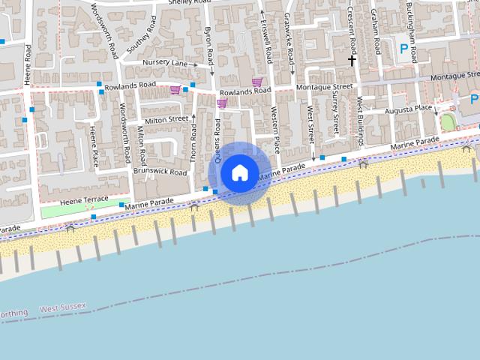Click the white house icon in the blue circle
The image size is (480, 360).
pyautogui.click(x=239, y=172)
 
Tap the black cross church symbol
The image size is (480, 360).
pyautogui.click(x=351, y=59)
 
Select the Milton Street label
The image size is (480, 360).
pyautogui.click(x=166, y=119)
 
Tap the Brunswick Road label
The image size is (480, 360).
pyautogui.click(x=160, y=172)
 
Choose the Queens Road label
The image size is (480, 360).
pyautogui.click(x=218, y=140)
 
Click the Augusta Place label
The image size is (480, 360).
pyautogui.click(x=408, y=109)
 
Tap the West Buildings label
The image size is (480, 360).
pyautogui.click(x=359, y=113)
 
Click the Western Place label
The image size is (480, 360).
pyautogui.click(x=275, y=128)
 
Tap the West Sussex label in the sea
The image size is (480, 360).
pyautogui.click(x=63, y=308)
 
